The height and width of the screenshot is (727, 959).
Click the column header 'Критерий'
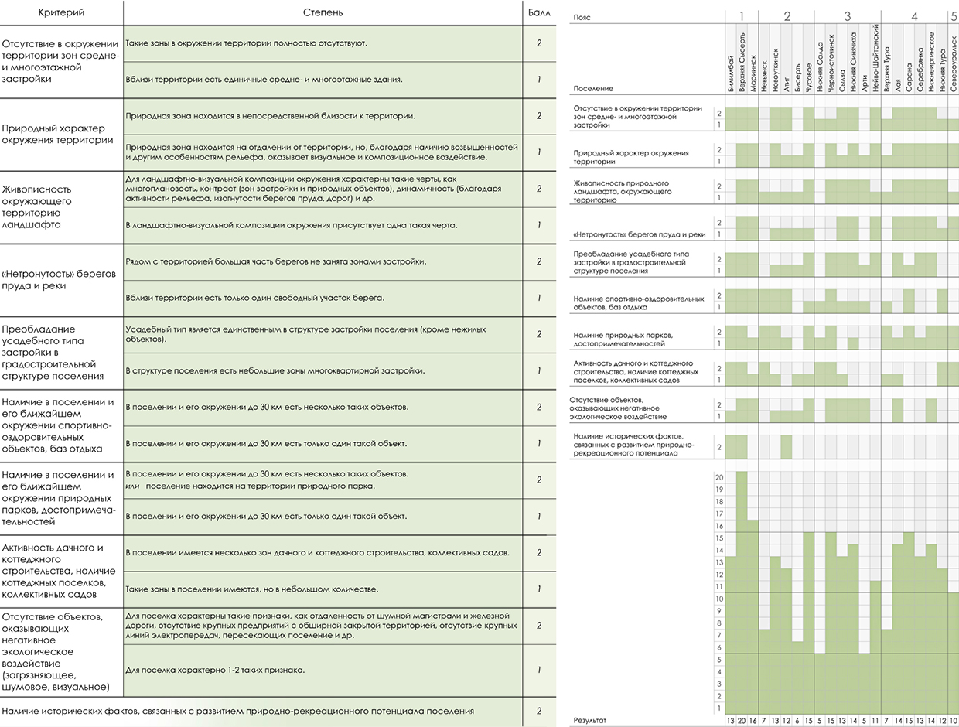[x=61, y=12]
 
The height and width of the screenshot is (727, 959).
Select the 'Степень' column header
[x=323, y=12]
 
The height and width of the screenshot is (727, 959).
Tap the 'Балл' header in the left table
[x=539, y=12]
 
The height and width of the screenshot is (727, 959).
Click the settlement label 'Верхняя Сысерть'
[x=742, y=62]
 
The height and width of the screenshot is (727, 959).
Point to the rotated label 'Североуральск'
[x=954, y=64]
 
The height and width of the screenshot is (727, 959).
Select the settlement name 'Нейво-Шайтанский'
[x=875, y=58]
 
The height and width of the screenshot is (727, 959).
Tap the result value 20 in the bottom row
[x=742, y=721]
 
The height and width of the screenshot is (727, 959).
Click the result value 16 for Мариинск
[x=753, y=721]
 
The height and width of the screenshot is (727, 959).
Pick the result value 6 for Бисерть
[x=797, y=721]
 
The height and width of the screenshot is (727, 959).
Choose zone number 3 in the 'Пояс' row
[x=847, y=16]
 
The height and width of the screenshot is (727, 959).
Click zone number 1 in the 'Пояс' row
[x=742, y=16]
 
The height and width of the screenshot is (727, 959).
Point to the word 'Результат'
[x=590, y=721]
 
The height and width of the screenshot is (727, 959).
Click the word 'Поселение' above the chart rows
[x=593, y=88]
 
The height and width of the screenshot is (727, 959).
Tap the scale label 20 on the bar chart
[x=719, y=477]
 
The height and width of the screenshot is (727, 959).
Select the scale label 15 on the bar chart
[x=719, y=538]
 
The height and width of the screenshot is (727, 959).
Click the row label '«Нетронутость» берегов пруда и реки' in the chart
[x=639, y=234]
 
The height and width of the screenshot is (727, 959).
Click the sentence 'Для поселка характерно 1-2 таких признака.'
[x=215, y=671]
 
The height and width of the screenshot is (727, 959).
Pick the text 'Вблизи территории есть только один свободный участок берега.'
[x=254, y=298]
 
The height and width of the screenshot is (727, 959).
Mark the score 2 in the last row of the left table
[x=539, y=712]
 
